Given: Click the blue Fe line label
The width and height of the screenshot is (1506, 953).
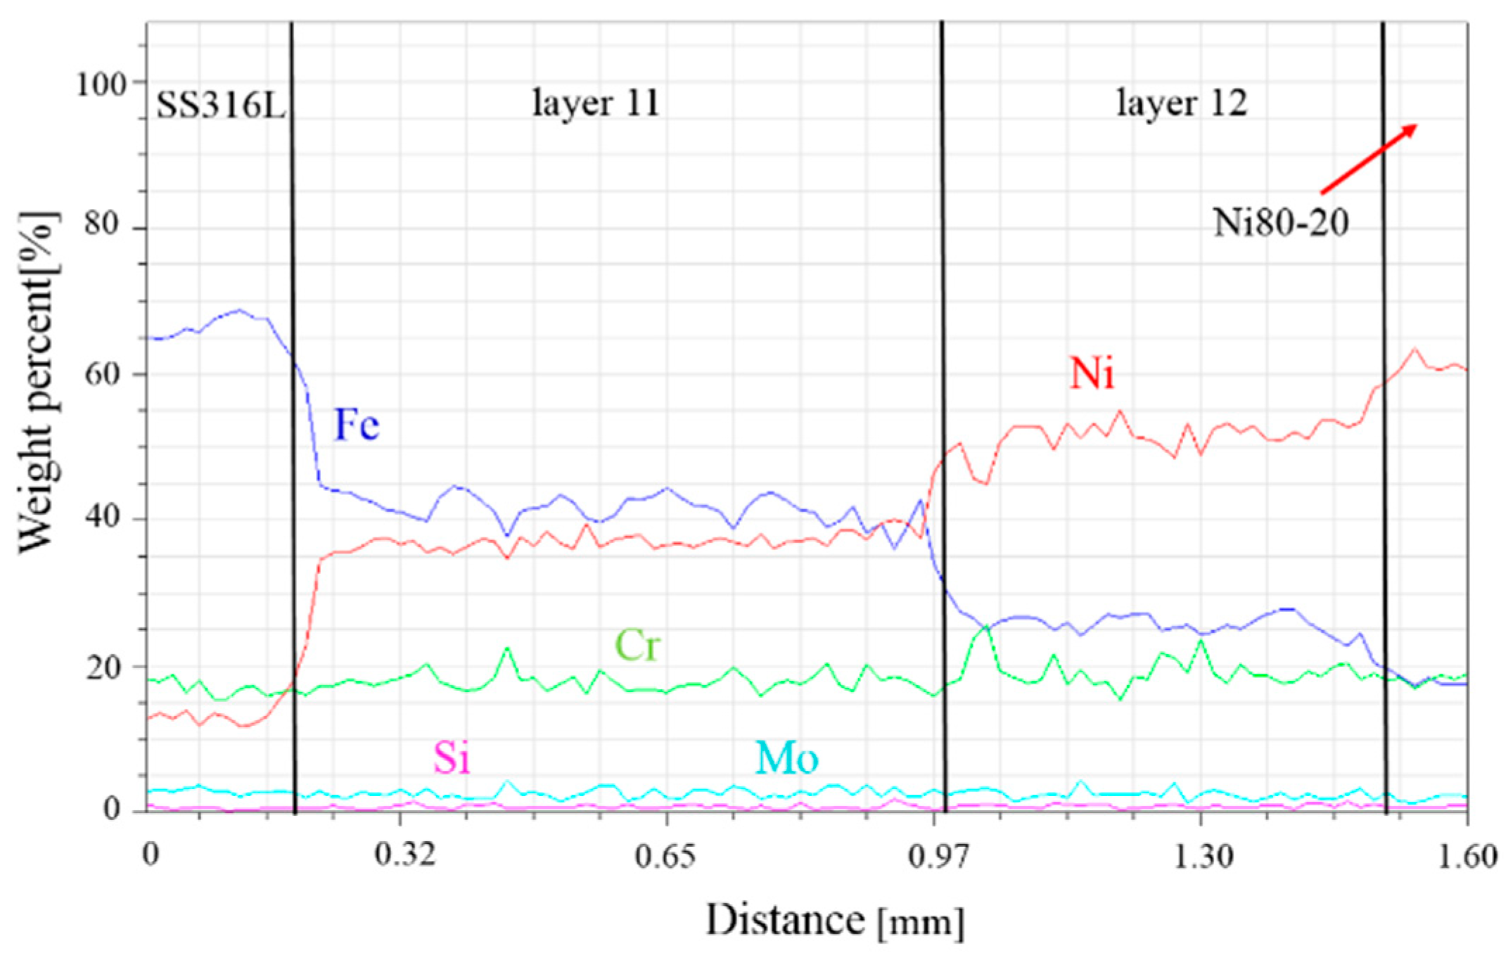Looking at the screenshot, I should click(x=357, y=424).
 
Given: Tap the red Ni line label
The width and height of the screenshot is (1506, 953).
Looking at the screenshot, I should click(x=1092, y=372).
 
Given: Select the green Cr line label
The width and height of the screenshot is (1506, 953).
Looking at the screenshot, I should click(x=637, y=645).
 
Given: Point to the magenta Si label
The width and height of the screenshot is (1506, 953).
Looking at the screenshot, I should click(x=451, y=758).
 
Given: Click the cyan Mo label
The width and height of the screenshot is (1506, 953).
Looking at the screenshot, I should click(x=786, y=758).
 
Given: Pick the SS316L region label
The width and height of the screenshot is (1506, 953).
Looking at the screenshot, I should click(x=221, y=105).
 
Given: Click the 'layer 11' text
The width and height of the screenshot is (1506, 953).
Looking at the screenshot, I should click(x=596, y=103).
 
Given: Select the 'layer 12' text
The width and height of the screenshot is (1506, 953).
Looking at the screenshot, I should click(x=1182, y=103).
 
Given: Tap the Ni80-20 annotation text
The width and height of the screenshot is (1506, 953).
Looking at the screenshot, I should click(x=1280, y=223).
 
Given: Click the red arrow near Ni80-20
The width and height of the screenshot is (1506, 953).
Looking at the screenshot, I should click(x=1369, y=158).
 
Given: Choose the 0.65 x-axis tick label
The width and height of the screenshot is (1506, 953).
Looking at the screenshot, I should click(x=666, y=856).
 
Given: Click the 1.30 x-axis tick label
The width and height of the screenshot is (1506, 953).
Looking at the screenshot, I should click(x=1203, y=856).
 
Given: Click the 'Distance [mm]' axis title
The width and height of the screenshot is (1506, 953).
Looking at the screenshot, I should click(x=834, y=920).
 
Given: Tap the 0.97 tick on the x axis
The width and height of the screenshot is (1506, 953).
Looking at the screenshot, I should click(x=939, y=856).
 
